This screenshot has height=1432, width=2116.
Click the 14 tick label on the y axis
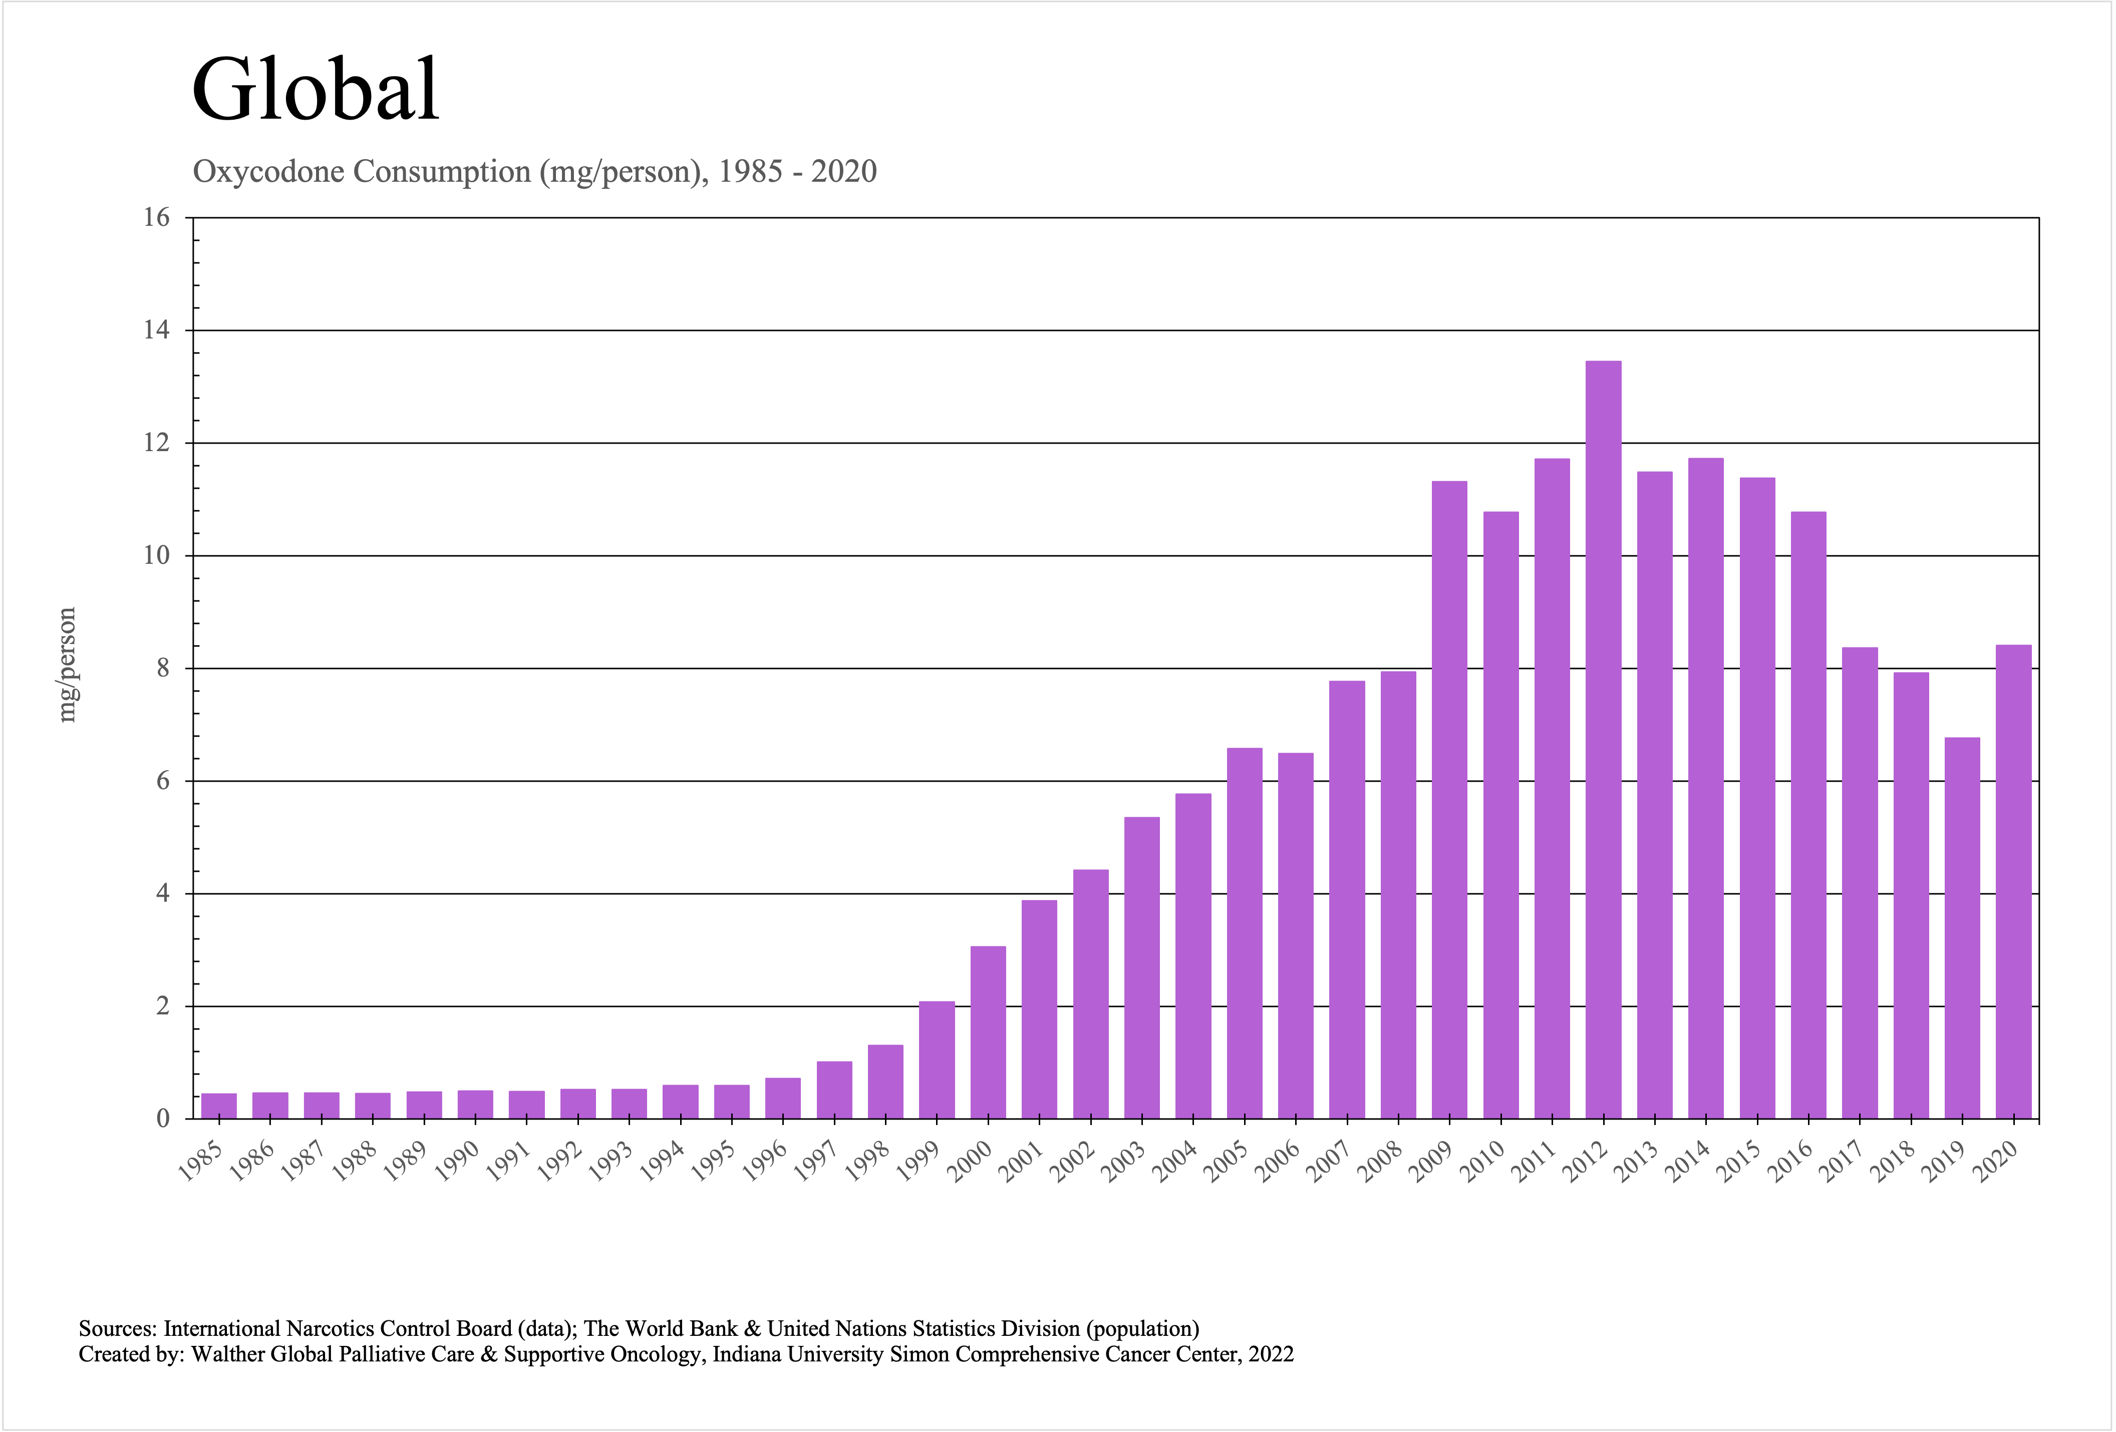pyautogui.click(x=157, y=329)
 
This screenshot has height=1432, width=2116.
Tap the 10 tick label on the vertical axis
pyautogui.click(x=157, y=555)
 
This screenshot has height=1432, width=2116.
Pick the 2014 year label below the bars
pyautogui.click(x=1688, y=1162)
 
